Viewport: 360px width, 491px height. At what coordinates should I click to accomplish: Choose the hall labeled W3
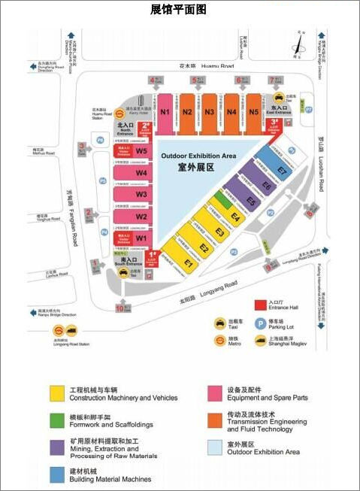tap(141, 194)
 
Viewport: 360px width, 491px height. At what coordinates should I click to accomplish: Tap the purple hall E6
tap(266, 185)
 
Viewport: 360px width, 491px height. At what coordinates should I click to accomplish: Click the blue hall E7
tap(282, 169)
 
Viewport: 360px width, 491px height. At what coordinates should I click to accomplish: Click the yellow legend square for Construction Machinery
tap(56, 392)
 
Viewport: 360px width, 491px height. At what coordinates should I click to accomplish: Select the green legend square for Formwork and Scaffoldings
tap(56, 418)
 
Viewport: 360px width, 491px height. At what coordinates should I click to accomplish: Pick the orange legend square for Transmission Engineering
tap(214, 418)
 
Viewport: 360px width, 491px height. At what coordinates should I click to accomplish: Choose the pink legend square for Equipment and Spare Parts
tap(214, 392)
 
